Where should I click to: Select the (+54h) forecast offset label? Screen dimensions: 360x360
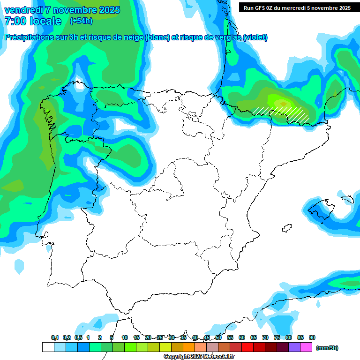pyautogui.click(x=81, y=21)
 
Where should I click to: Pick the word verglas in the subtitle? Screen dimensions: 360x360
pyautogui.click(x=225, y=37)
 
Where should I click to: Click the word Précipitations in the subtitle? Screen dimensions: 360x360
pyautogui.click(x=28, y=37)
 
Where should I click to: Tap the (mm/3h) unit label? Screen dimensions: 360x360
pyautogui.click(x=327, y=348)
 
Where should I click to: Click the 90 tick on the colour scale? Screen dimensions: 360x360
pyautogui.click(x=312, y=337)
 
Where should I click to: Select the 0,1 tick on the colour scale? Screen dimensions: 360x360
pyautogui.click(x=55, y=337)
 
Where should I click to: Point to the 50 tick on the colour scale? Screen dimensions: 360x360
pyautogui.click(x=218, y=337)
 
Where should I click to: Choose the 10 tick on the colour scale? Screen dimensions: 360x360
pyautogui.click(x=125, y=337)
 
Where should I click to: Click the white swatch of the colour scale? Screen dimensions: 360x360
pyautogui.click(x=48, y=347)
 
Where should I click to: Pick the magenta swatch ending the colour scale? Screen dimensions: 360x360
pyautogui.click(x=306, y=347)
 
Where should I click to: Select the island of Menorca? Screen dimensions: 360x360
pyautogui.click(x=347, y=199)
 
